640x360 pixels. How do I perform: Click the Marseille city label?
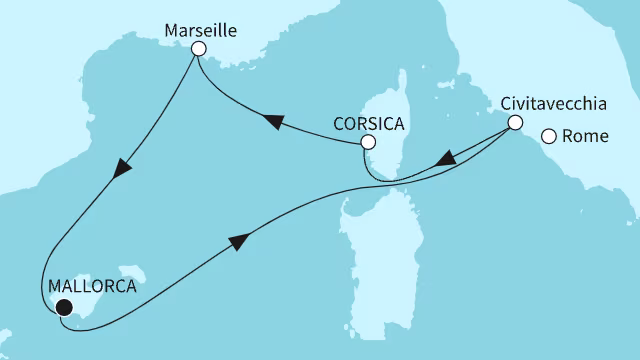197,30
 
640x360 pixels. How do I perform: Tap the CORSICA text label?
369,125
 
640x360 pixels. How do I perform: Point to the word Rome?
590,137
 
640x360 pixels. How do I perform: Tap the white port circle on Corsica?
368,144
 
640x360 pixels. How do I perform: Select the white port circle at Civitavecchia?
515,123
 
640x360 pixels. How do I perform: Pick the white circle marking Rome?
549,137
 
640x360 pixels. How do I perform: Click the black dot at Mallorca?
63,308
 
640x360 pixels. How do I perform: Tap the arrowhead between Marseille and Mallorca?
122,170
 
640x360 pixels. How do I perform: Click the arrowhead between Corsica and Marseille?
270,121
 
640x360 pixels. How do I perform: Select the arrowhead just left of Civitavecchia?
449,157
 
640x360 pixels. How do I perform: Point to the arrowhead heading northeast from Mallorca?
239,241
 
